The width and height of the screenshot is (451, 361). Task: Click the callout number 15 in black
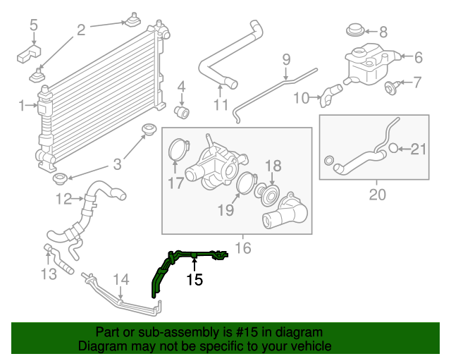(194, 281)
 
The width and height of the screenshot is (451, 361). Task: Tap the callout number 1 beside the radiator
(21, 105)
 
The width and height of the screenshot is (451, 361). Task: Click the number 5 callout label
(33, 26)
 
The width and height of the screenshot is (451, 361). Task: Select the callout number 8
(383, 32)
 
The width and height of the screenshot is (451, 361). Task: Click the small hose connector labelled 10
(330, 94)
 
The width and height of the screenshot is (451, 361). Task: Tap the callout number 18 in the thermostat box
(273, 166)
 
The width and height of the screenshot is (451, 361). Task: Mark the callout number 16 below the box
(243, 248)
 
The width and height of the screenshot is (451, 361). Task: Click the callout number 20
(378, 195)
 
